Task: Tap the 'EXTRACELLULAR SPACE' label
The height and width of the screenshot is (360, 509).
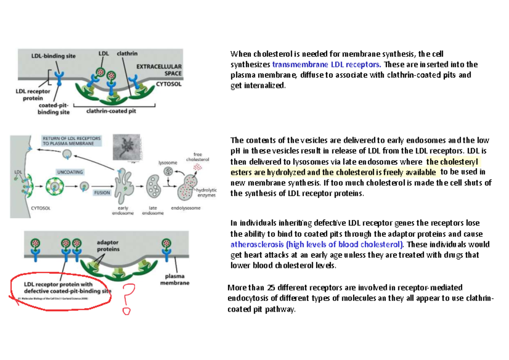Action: pyautogui.click(x=159, y=70)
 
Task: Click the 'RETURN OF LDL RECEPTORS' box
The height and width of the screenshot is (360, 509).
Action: pyautogui.click(x=71, y=141)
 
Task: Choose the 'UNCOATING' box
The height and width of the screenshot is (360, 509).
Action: pyautogui.click(x=70, y=172)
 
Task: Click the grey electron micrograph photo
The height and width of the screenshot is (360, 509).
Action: pyautogui.click(x=127, y=149)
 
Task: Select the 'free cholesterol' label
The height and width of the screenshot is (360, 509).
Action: pyautogui.click(x=198, y=157)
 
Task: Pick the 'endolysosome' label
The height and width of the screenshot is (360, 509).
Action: pyautogui.click(x=186, y=208)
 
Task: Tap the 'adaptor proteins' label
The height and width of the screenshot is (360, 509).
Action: pyautogui.click(x=108, y=245)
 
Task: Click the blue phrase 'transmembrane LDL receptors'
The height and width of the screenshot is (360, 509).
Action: pyautogui.click(x=327, y=65)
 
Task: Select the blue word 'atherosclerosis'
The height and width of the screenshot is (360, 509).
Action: pyautogui.click(x=257, y=245)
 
